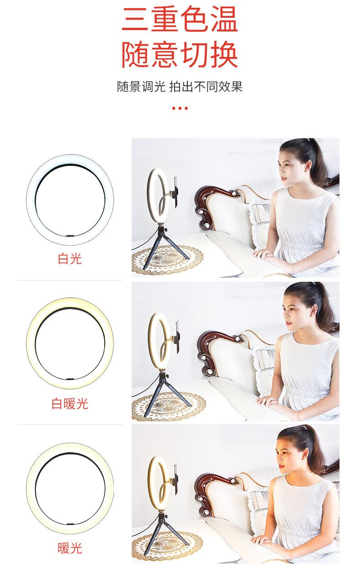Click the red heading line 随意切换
(180, 56)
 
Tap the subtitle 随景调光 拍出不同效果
(180, 87)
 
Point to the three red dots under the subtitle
(180, 109)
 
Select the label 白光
(70, 259)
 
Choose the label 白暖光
(70, 403)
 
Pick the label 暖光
(70, 548)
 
